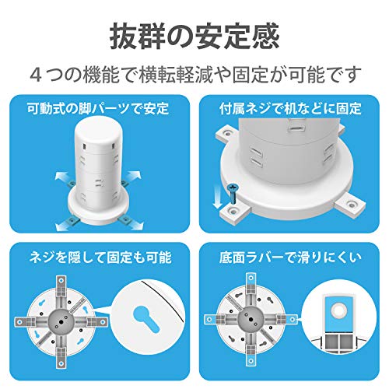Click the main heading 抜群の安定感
(194, 37)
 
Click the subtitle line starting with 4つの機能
(196, 75)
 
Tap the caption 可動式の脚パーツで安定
(98, 108)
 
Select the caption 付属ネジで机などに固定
(290, 108)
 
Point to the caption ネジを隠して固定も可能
(100, 258)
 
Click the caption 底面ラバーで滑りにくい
(290, 258)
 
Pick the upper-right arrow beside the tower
(133, 176)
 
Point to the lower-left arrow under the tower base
(64, 226)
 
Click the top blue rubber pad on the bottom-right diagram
(251, 279)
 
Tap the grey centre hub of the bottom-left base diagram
(61, 321)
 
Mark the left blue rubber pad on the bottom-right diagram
(210, 319)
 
